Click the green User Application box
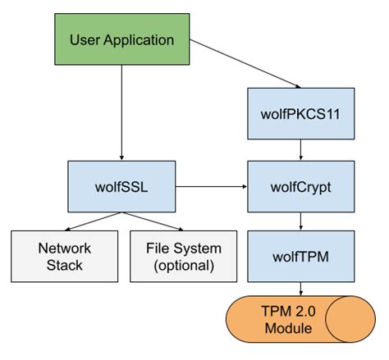(x=121, y=39)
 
